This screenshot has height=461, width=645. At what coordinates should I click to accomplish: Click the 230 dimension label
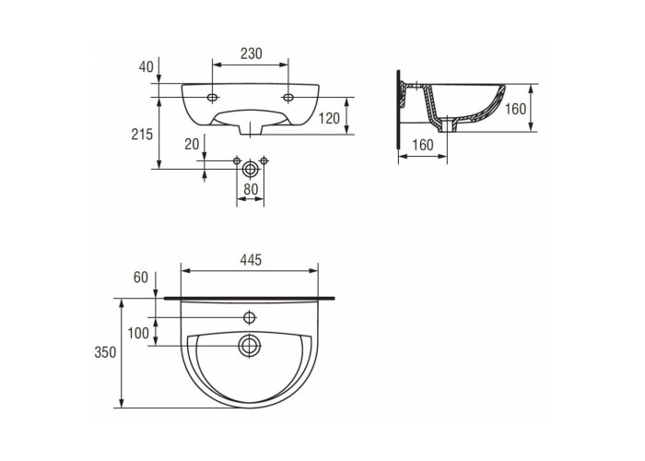(251, 53)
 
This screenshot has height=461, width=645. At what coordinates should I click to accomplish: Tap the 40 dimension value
(146, 66)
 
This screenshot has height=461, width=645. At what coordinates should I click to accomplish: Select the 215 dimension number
(142, 135)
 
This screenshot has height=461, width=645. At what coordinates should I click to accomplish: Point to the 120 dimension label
(330, 119)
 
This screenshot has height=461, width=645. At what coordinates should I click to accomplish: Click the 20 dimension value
(192, 144)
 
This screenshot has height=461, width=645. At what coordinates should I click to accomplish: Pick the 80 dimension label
(251, 189)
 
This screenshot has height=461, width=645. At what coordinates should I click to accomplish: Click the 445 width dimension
(251, 260)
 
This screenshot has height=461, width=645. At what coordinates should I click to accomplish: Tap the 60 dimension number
(141, 278)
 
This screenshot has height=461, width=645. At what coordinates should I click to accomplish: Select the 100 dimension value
(138, 333)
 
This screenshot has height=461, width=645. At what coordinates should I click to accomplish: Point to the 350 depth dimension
(105, 353)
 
